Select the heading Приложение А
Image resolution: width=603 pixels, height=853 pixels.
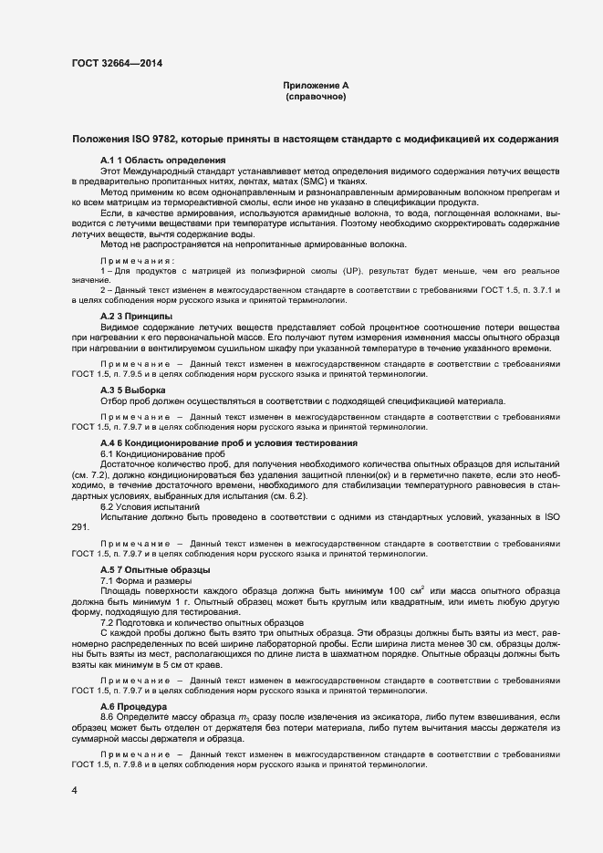coord(315,85)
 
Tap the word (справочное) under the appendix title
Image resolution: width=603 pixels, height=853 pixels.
coord(315,96)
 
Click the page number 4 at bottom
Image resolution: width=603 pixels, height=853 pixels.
coord(74,790)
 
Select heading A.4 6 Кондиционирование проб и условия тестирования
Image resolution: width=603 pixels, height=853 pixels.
coord(228,442)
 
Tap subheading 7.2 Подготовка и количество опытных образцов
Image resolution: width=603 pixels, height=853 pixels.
coord(202,622)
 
